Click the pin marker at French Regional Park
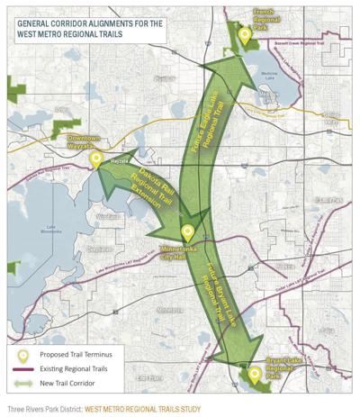tap(244, 36)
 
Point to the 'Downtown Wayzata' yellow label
tap(85, 141)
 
